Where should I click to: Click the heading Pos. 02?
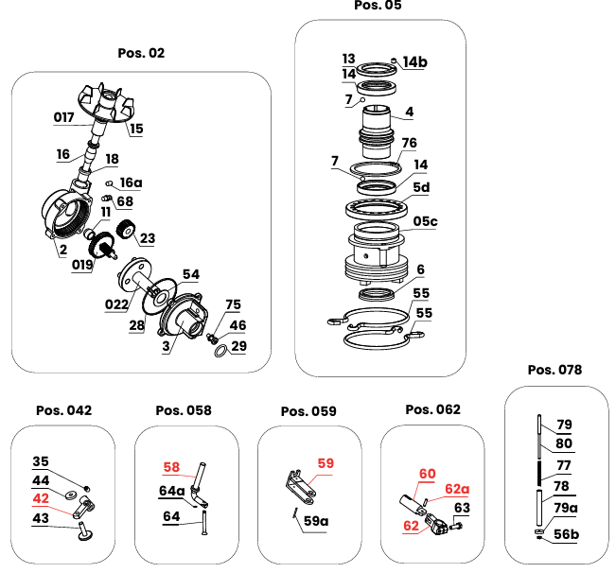point(141,53)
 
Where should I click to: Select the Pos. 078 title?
point(554,369)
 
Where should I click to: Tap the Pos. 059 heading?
point(308,411)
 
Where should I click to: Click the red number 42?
point(41,497)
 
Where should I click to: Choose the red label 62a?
point(457,489)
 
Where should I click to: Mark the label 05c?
point(426,222)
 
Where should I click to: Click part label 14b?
point(415,62)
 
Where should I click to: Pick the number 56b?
point(566,534)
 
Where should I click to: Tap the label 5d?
point(420,187)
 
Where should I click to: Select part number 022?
point(116,304)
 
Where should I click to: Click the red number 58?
point(170,467)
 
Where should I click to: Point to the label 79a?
point(565,509)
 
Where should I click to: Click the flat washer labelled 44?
point(71,495)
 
